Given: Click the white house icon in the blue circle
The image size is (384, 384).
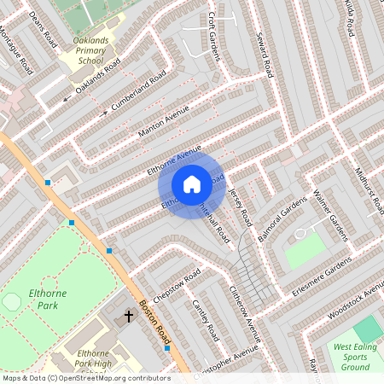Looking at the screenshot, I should point(192,184).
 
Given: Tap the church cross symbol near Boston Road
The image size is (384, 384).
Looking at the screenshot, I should point(130,317).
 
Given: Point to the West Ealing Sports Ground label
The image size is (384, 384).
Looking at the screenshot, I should point(355,357).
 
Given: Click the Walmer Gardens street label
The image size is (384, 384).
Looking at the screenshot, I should point(327,217).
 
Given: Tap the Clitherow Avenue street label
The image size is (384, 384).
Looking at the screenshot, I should point(246,308).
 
